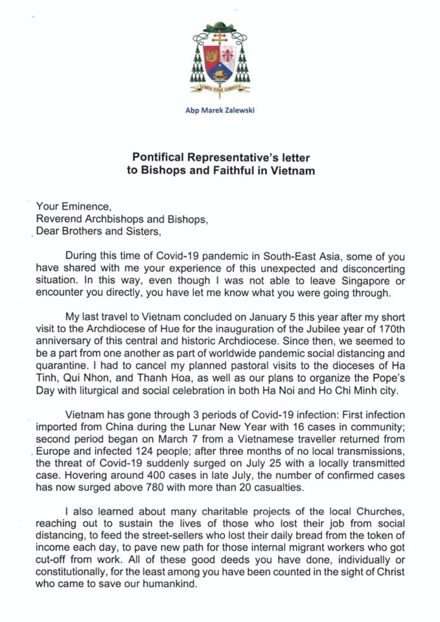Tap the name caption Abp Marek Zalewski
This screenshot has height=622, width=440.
(x=220, y=110)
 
